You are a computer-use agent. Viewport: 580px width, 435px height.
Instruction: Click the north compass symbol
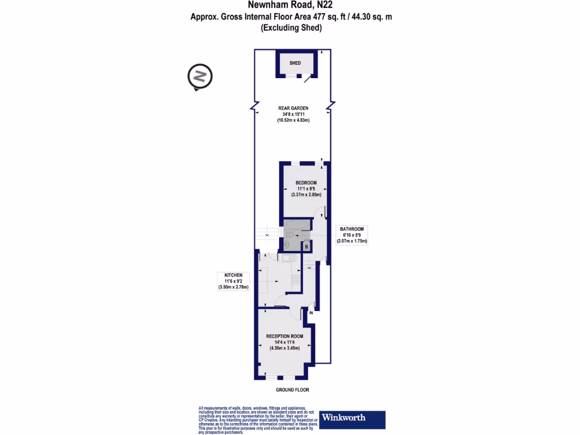click(199, 76)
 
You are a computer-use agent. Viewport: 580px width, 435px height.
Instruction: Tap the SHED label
click(295, 63)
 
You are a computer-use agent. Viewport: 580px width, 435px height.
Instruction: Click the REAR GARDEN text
click(293, 108)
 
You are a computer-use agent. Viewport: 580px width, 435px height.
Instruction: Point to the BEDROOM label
click(306, 182)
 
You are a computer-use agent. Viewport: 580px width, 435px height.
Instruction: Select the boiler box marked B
click(306, 246)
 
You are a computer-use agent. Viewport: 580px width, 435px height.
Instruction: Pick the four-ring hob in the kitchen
click(296, 280)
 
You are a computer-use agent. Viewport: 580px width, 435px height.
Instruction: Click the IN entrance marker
click(311, 312)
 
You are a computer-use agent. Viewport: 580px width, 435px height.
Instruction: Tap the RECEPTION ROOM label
click(284, 336)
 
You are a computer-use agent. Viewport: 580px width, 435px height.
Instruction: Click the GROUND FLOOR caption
click(292, 390)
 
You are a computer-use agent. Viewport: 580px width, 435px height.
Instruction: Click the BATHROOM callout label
click(352, 229)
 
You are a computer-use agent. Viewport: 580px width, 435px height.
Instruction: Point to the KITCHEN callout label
click(233, 275)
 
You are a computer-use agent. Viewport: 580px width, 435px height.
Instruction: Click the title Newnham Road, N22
click(289, 6)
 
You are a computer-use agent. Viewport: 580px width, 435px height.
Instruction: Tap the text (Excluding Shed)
click(291, 28)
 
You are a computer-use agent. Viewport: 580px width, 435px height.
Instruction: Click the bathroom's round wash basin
click(287, 245)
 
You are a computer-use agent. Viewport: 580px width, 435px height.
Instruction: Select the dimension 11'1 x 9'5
click(306, 189)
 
